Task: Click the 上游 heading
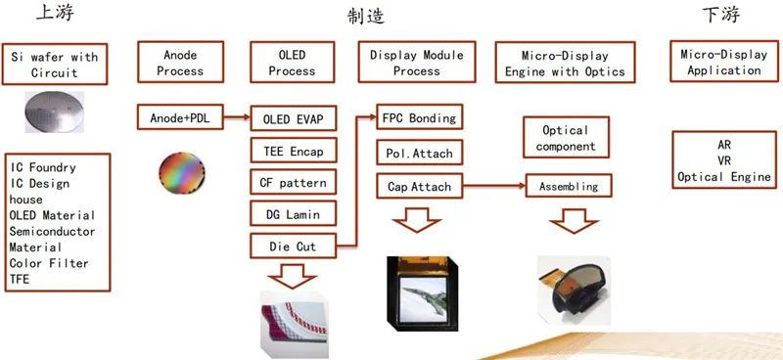point(55,14)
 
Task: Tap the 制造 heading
point(366,16)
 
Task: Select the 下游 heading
point(720,15)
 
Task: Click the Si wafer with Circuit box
point(55,64)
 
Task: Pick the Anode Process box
point(180,62)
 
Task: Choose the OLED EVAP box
point(293,118)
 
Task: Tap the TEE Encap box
point(293,151)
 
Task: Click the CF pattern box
point(293,182)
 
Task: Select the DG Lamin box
point(293,214)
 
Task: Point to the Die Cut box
point(293,246)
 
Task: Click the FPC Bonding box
point(419,116)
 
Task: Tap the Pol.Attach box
point(419,153)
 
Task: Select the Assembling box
point(569,186)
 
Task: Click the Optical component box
point(567,137)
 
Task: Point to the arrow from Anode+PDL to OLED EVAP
point(237,117)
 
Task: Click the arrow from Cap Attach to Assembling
point(494,186)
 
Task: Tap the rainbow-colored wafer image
point(182,173)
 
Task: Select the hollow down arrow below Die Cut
point(293,276)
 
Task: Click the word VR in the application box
point(723,160)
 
